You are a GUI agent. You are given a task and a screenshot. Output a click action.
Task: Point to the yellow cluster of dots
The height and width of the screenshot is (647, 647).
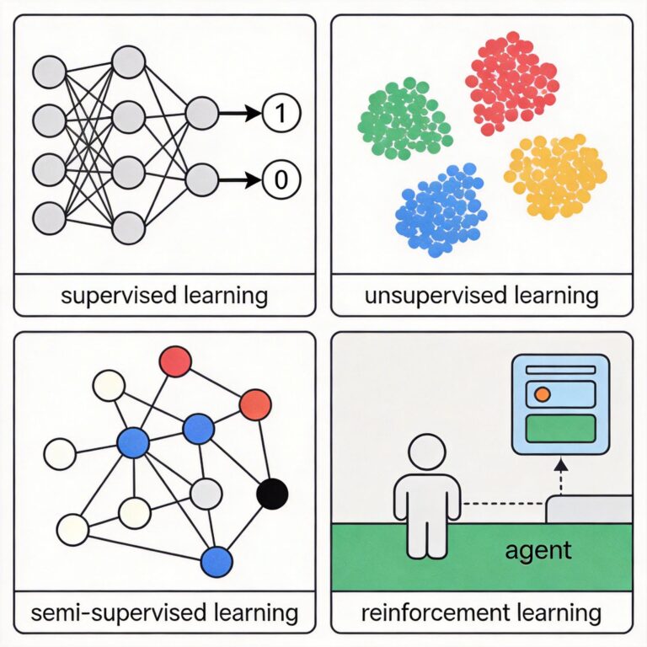[556, 175]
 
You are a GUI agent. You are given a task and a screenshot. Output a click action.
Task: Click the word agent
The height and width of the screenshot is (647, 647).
[539, 552]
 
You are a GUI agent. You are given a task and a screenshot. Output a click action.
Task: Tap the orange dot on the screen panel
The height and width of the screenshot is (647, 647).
[543, 393]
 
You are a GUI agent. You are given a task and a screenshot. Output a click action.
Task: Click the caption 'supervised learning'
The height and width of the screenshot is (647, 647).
[164, 296]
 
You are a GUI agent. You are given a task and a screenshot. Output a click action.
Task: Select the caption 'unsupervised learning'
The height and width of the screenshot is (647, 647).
[481, 296]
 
